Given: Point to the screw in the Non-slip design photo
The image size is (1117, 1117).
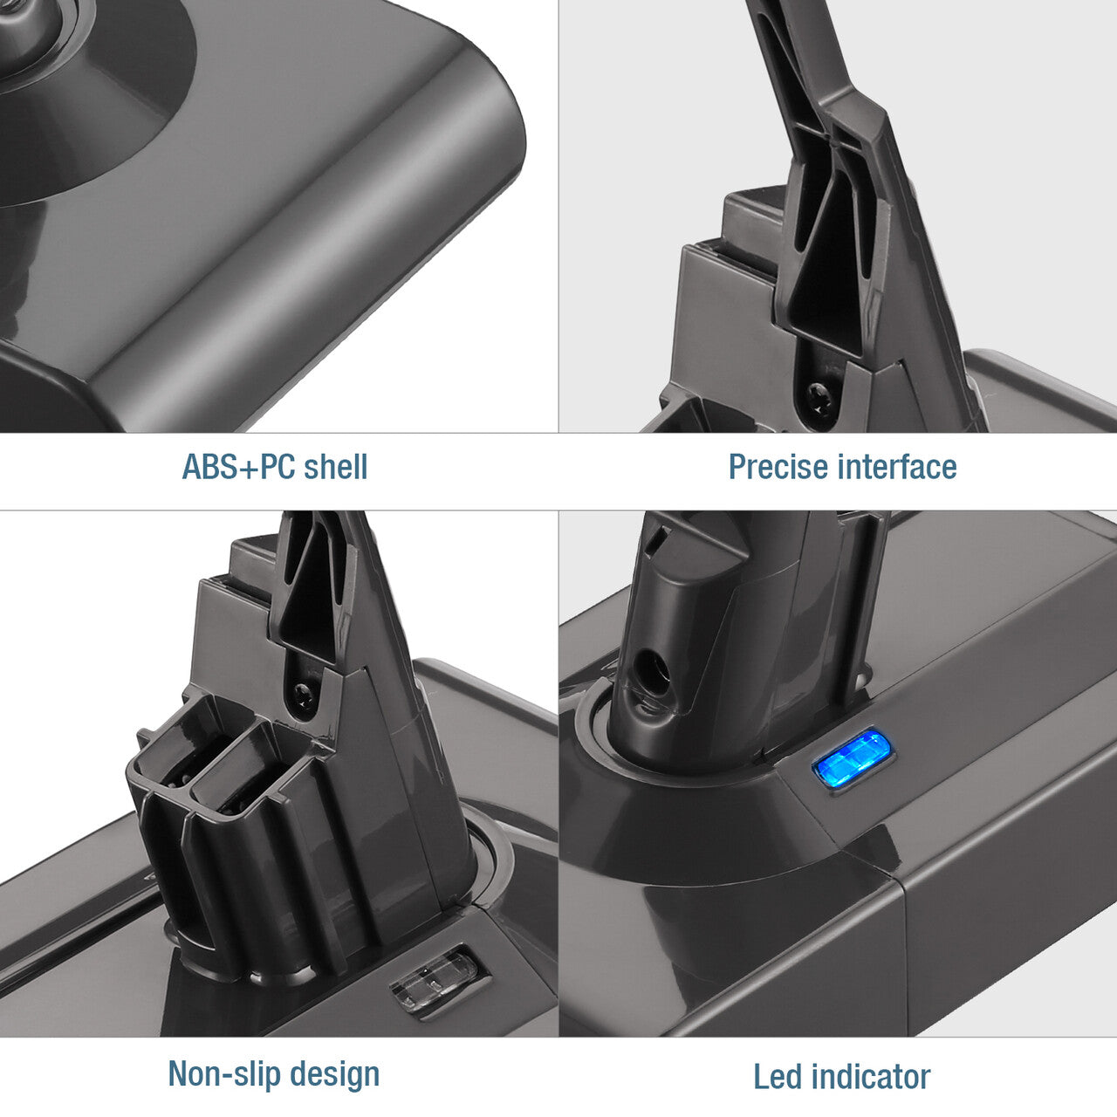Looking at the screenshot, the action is [x=304, y=692].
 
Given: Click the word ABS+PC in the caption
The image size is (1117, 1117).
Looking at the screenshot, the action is [x=238, y=467].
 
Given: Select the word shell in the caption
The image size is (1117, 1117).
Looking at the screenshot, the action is [x=336, y=467].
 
